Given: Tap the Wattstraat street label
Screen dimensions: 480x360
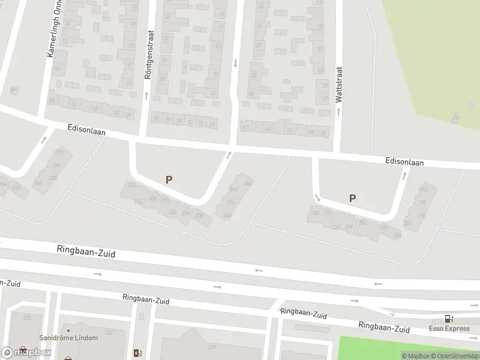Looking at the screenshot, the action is point(339,84).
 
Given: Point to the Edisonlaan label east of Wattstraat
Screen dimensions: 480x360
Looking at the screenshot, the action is point(404,162).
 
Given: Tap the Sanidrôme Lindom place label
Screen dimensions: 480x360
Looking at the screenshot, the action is point(68,338).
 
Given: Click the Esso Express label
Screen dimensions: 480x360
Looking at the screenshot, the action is point(448,328).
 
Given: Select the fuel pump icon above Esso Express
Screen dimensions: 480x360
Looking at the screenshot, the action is point(448,319).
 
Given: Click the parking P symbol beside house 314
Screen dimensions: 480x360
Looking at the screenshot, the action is point(169,179).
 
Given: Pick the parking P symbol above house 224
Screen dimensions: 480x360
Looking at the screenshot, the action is point(352,198).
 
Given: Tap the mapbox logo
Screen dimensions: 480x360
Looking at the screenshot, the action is point(26,352).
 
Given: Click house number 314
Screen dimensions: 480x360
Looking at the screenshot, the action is point(131,185).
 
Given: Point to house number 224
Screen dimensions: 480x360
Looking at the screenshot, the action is point(336,227).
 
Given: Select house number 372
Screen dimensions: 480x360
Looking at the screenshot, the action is point(109,332).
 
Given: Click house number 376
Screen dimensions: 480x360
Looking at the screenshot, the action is point(26,317).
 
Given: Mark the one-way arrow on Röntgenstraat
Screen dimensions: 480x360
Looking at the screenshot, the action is point(146,95).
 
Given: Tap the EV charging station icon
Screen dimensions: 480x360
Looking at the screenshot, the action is point(137,352).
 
